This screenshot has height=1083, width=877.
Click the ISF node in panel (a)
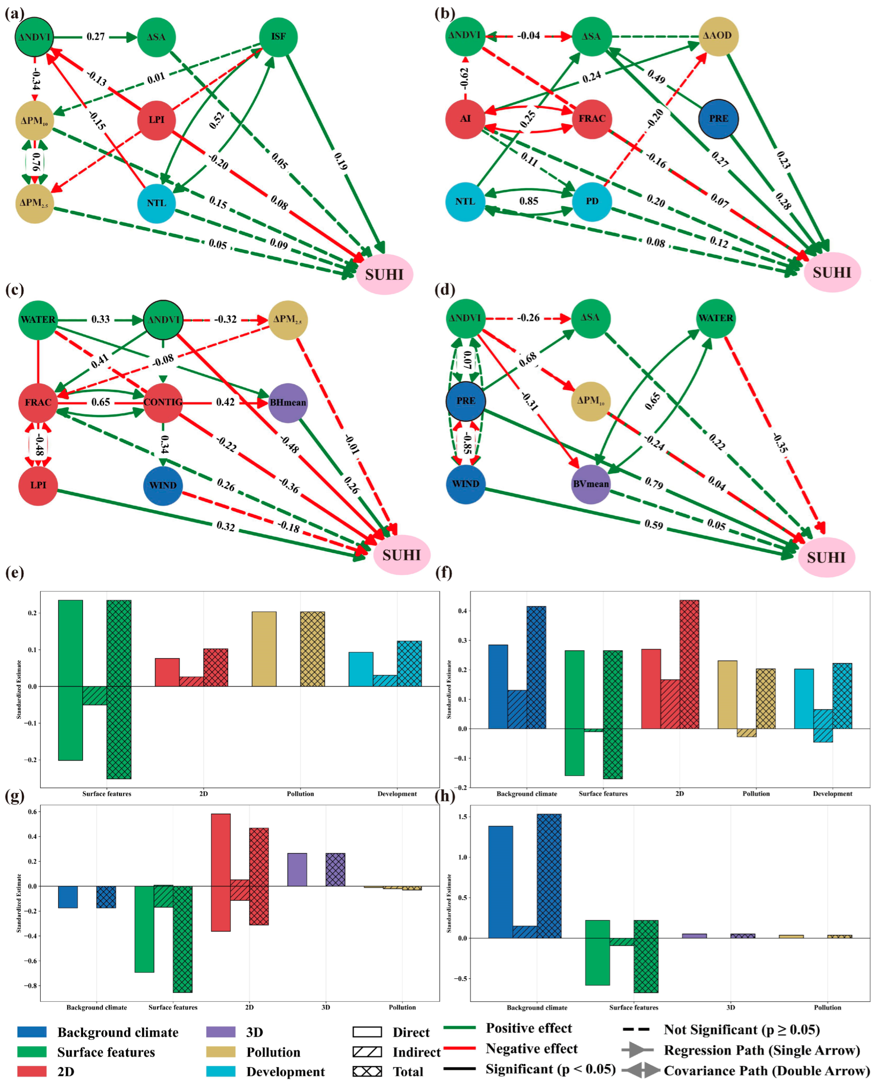(x=278, y=37)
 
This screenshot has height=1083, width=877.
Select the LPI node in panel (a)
(x=157, y=120)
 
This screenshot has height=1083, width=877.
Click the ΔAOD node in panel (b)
(x=718, y=36)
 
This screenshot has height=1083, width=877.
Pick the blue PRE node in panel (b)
(x=718, y=119)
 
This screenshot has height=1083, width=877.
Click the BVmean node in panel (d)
(x=590, y=484)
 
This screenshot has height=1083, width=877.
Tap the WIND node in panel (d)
(x=465, y=484)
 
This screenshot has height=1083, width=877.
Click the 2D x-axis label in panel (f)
(x=680, y=794)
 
